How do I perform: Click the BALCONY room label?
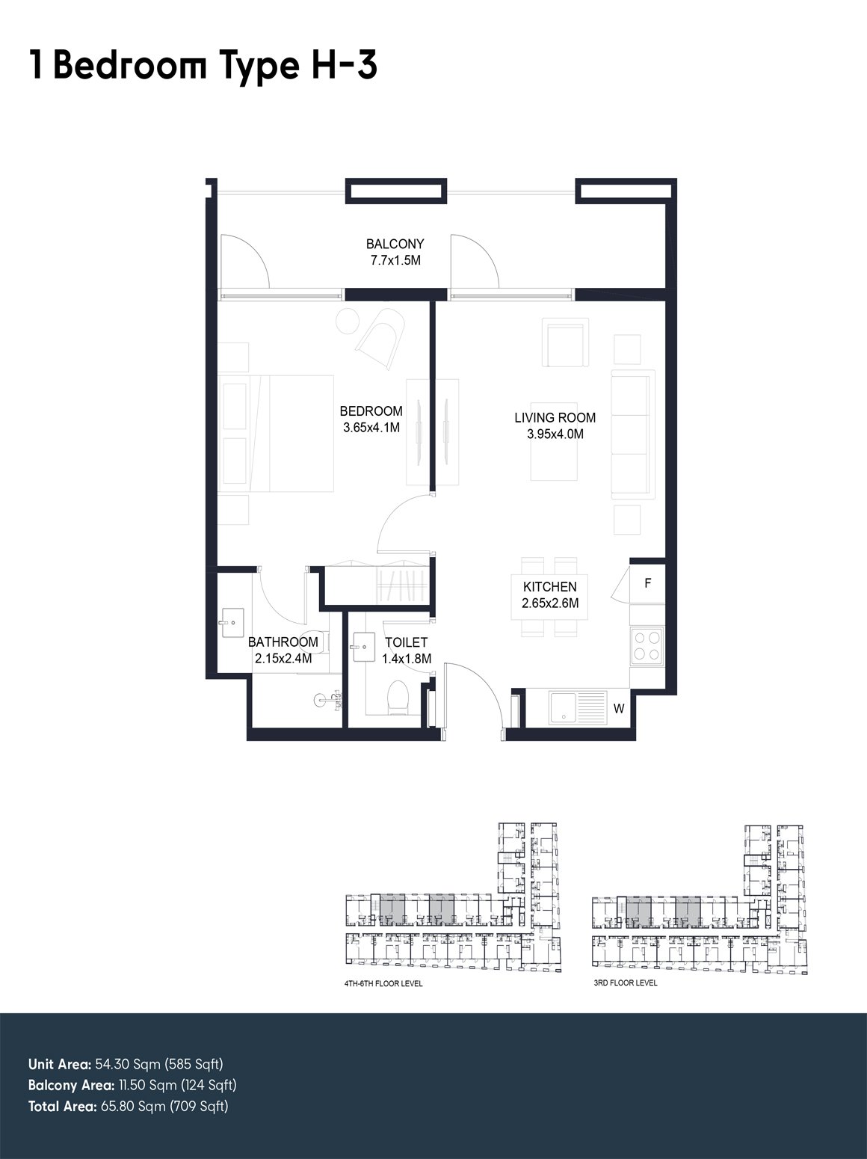pyautogui.click(x=395, y=244)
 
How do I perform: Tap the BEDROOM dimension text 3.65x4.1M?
pyautogui.click(x=371, y=428)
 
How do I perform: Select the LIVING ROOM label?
pyautogui.click(x=555, y=418)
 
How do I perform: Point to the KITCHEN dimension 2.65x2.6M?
pyautogui.click(x=550, y=603)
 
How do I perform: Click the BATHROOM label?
pyautogui.click(x=283, y=642)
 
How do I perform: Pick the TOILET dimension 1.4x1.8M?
pyautogui.click(x=407, y=659)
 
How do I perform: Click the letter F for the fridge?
pyautogui.click(x=647, y=583)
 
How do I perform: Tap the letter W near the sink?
pyautogui.click(x=619, y=709)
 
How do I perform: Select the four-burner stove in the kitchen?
pyautogui.click(x=647, y=646)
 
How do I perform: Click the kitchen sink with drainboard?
pyautogui.click(x=578, y=707)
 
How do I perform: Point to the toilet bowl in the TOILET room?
pyautogui.click(x=398, y=698)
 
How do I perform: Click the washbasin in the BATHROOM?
pyautogui.click(x=231, y=623)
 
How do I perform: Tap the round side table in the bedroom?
pyautogui.click(x=348, y=321)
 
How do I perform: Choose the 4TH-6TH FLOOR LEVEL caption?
pyautogui.click(x=383, y=984)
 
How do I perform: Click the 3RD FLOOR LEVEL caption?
pyautogui.click(x=626, y=983)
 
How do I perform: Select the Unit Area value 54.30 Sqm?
pyautogui.click(x=129, y=1064)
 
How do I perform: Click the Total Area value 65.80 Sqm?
pyautogui.click(x=134, y=1106)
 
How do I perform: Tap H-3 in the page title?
pyautogui.click(x=344, y=66)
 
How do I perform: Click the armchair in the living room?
pyautogui.click(x=565, y=342)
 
